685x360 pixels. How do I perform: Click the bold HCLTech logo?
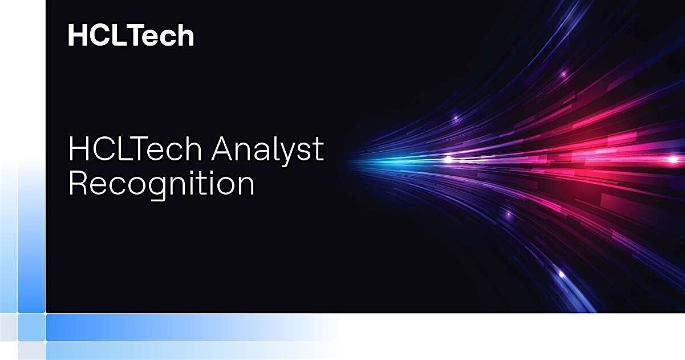coord(131,35)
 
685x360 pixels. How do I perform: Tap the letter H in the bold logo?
coord(77,35)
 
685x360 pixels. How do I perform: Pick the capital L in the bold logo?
coord(119,35)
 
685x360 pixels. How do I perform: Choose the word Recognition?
coord(161,184)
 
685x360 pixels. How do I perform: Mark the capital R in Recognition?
coord(78,184)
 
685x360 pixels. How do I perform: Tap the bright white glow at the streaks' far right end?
coord(673,159)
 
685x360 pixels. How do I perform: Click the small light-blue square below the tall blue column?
coord(31,327)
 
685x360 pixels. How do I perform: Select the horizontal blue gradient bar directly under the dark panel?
coord(188,327)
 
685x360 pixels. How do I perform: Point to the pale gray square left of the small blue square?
coord(8,327)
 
